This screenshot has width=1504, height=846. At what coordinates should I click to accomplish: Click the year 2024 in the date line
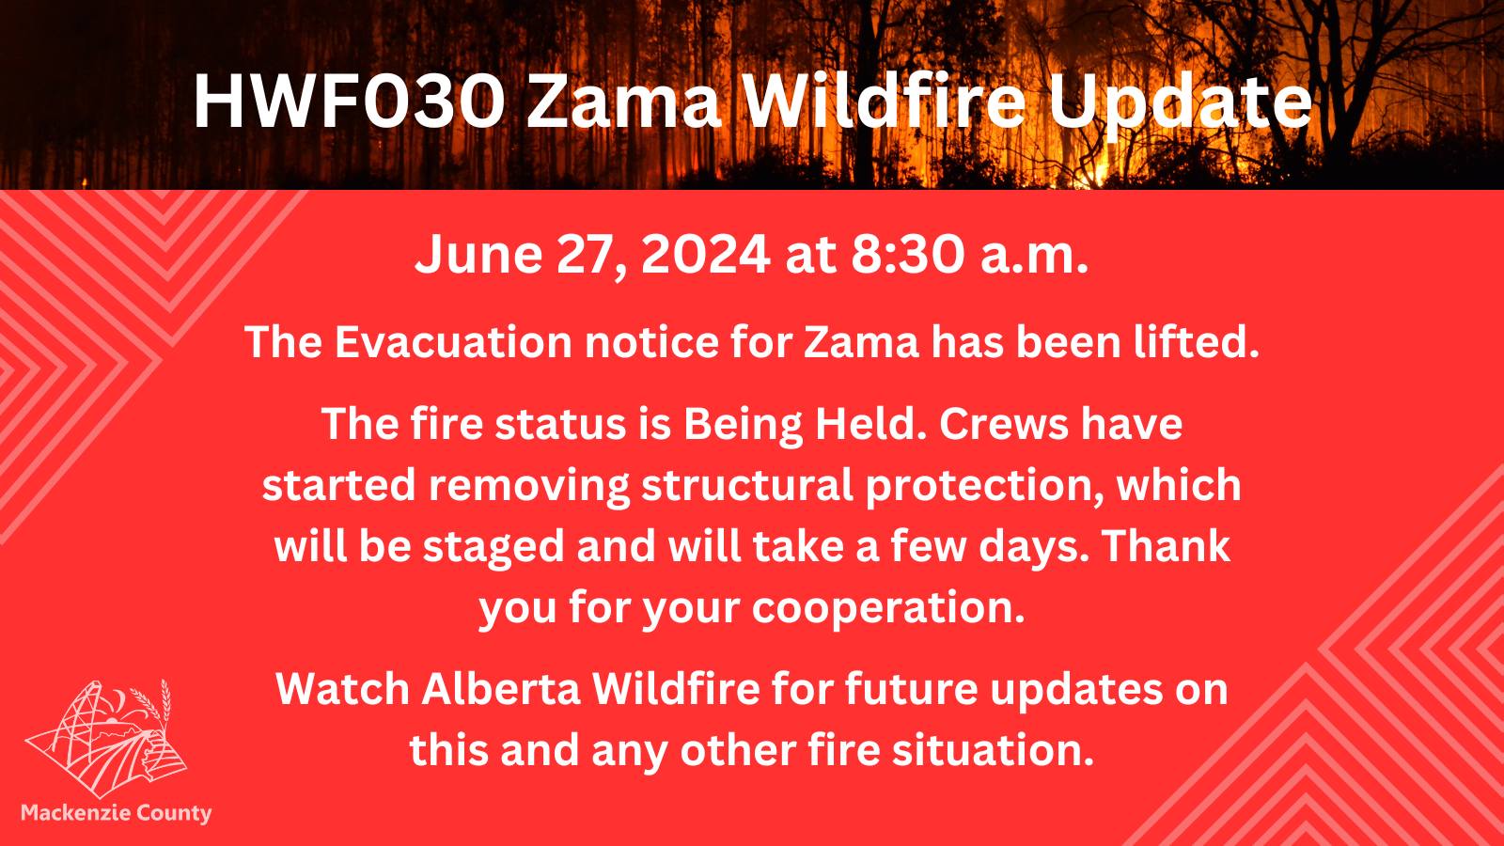(x=706, y=255)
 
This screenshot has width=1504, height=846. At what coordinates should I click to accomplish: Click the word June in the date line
(x=478, y=255)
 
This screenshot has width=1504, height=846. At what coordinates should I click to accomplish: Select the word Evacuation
(x=452, y=342)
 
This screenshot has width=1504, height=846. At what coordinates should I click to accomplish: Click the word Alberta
(x=501, y=689)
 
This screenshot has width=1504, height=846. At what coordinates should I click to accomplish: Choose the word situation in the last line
(x=988, y=751)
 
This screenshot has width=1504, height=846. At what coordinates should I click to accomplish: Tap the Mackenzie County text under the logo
(x=117, y=813)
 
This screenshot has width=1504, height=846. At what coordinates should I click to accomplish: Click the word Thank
(x=1167, y=546)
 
